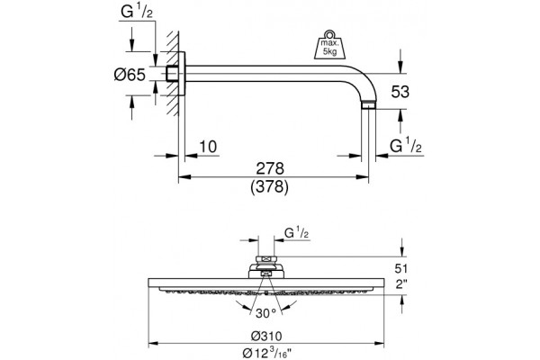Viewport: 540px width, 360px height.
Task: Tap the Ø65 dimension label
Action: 130,75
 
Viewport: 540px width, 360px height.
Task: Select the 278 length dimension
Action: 270,168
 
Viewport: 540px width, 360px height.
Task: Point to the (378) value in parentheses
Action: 270,187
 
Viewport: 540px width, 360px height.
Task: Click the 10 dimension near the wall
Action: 209,147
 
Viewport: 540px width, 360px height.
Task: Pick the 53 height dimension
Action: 400,92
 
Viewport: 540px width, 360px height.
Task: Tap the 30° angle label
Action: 265,313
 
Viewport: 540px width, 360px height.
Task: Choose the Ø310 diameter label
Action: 266,336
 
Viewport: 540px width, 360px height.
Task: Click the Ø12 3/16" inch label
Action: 267,353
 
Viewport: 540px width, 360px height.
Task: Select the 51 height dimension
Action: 400,268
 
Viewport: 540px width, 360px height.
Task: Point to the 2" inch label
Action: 400,284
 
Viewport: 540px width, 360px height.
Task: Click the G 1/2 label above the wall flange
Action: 137,12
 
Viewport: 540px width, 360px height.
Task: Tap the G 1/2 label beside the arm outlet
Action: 406,145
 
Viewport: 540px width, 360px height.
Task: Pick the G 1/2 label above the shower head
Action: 297,233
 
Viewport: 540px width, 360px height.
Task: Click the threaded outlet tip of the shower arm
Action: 368,105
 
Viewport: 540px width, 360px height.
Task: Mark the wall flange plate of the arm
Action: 182,74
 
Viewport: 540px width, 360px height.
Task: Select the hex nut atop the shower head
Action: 265,259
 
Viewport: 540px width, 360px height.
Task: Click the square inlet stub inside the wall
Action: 172,74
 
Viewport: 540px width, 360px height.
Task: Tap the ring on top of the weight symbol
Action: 329,34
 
